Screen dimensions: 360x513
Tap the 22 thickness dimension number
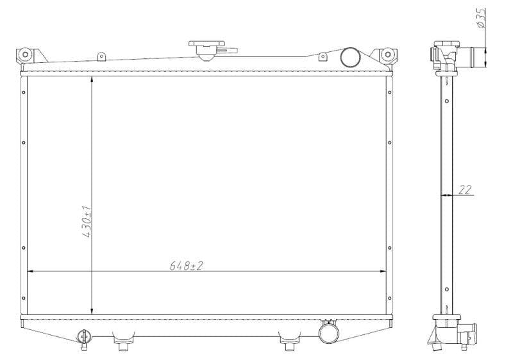pos(465,189)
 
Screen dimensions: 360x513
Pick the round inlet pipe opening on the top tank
pos(351,57)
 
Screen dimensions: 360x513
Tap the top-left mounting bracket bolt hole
pos(26,55)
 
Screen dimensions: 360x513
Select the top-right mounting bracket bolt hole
pos(387,55)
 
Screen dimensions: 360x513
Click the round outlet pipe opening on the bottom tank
pos(329,332)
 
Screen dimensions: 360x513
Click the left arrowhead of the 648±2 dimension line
pos(29,271)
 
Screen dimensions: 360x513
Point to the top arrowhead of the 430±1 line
pos(93,80)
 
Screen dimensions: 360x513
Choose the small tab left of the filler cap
pos(101,58)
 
